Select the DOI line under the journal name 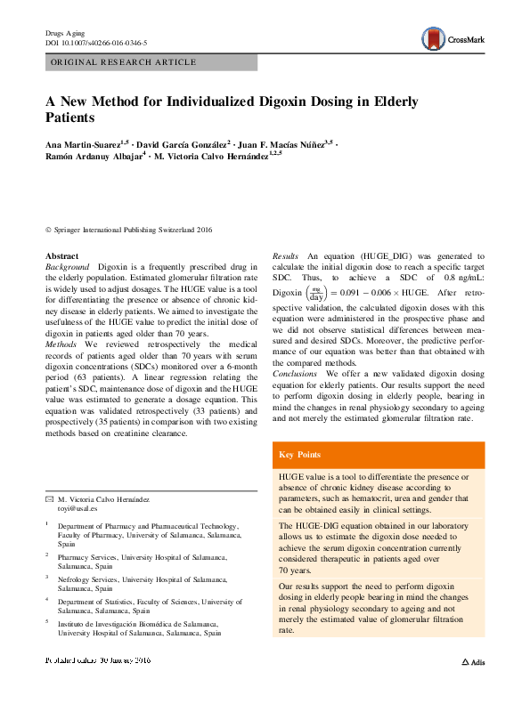click(x=96, y=43)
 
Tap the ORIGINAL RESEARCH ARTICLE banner click(x=124, y=62)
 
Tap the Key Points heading click(x=299, y=455)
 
